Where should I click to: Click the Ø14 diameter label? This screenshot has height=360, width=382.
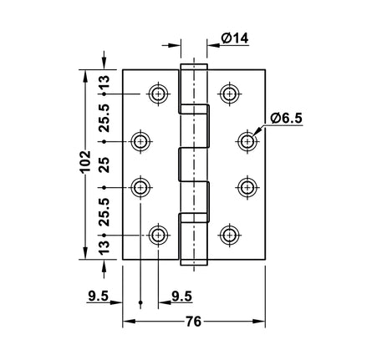pyautogui.click(x=235, y=38)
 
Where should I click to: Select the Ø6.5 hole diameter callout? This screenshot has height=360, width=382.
pyautogui.click(x=287, y=119)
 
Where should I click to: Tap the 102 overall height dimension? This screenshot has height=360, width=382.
pyautogui.click(x=85, y=162)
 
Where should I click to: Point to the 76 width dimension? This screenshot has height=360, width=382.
pyautogui.click(x=193, y=322)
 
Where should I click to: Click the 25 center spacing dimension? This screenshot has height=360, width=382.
pyautogui.click(x=104, y=165)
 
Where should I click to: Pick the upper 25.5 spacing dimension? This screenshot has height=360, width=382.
pyautogui.click(x=104, y=118)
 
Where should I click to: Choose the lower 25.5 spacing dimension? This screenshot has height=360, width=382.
pyautogui.click(x=104, y=212)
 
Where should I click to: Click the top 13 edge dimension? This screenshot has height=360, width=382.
pyautogui.click(x=104, y=83)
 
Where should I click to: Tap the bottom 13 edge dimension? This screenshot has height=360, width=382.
pyautogui.click(x=104, y=247)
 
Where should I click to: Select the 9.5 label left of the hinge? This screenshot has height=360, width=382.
pyautogui.click(x=98, y=296)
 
